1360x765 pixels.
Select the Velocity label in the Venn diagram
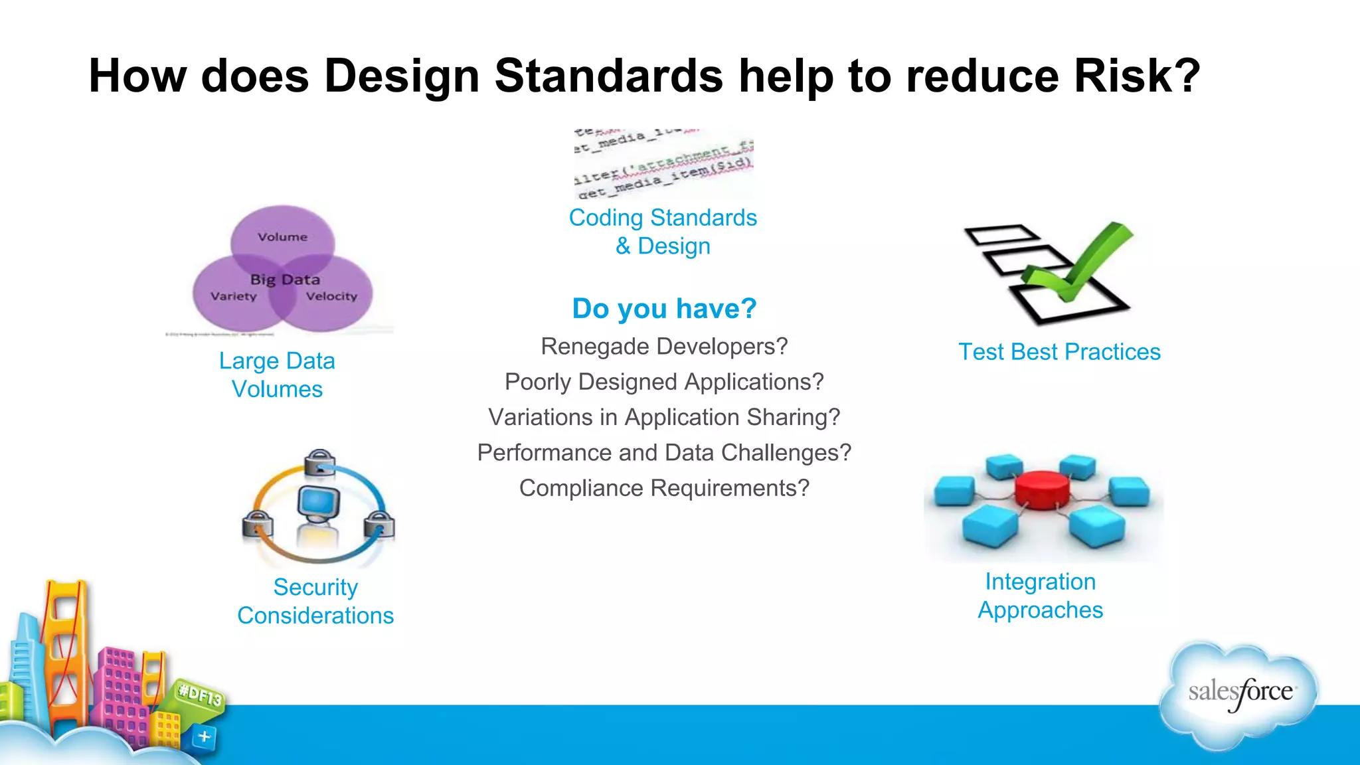[331, 296]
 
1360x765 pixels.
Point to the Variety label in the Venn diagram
[234, 296]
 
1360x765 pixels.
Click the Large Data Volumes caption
[277, 375]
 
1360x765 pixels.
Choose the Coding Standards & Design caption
[663, 232]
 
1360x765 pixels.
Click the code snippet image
[663, 164]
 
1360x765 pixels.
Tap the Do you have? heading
[664, 309]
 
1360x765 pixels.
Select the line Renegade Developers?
[664, 347]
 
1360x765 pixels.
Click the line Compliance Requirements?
[664, 488]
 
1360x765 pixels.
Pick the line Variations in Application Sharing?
[664, 417]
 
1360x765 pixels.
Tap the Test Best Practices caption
[1059, 352]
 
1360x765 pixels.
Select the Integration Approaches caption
[1040, 596]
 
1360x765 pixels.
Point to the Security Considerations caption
[315, 601]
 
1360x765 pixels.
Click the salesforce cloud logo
[1239, 694]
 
